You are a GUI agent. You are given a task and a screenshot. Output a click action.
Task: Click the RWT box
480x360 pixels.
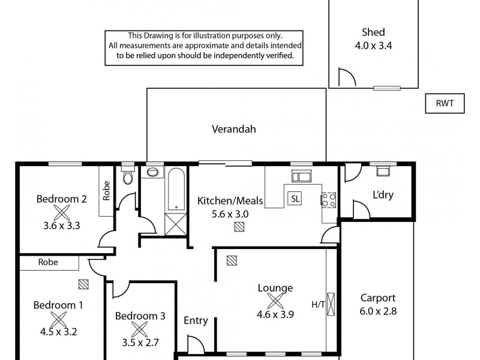pos(442,103)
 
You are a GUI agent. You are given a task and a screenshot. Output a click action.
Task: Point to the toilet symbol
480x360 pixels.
pos(127,178)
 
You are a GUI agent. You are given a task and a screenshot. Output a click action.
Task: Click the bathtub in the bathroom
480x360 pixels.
pos(176,188)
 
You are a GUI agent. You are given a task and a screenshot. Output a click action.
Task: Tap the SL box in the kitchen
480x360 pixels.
pos(294,199)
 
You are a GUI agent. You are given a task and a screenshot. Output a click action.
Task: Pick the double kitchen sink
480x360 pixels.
pos(300,176)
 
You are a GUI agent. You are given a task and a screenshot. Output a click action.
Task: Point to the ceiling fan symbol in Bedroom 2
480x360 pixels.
pos(61,212)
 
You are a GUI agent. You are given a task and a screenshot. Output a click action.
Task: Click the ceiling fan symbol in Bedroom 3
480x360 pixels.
pos(139,329)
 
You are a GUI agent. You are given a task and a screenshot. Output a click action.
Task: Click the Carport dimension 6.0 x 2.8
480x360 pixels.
pos(378,311)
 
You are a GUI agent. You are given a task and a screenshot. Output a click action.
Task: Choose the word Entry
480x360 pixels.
pos(196,320)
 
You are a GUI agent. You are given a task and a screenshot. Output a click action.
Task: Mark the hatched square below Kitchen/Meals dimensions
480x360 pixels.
pos(240,227)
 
